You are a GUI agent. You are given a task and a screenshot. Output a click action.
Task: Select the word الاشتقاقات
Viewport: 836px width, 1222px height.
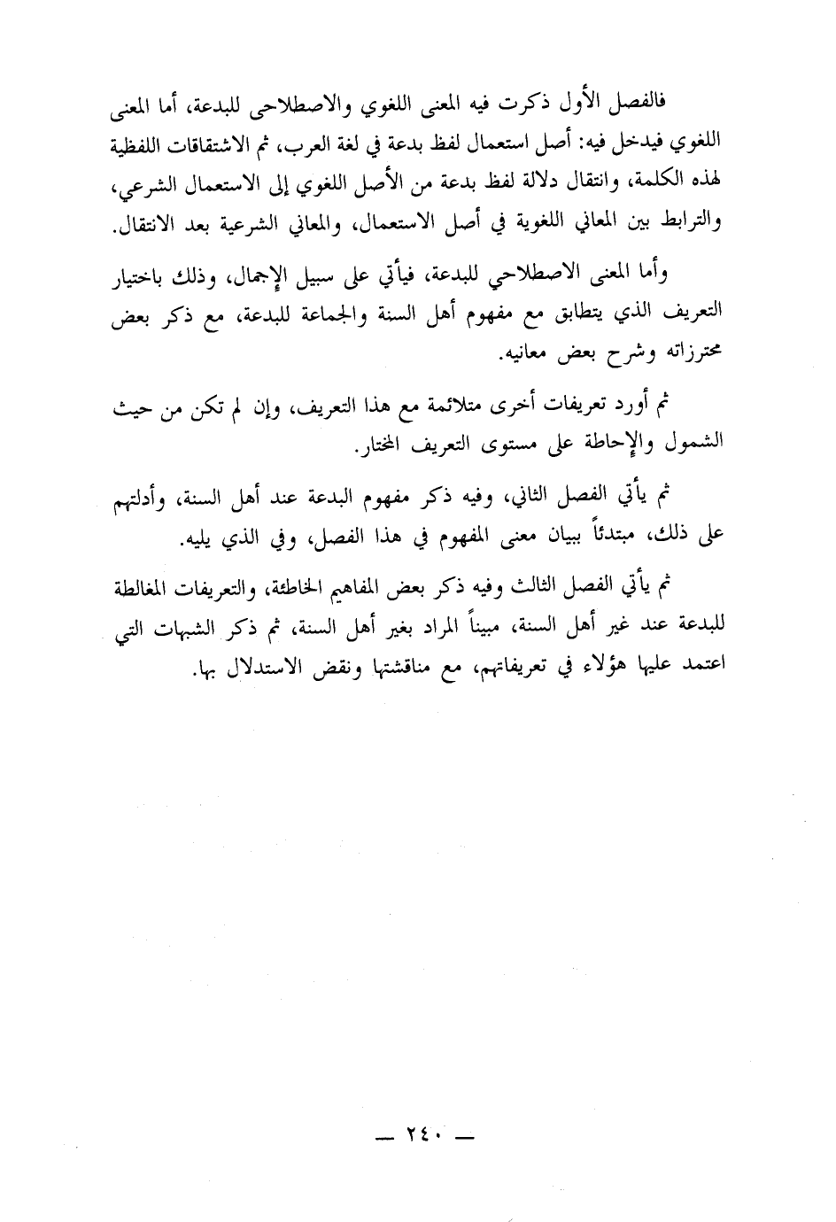[657, 146]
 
